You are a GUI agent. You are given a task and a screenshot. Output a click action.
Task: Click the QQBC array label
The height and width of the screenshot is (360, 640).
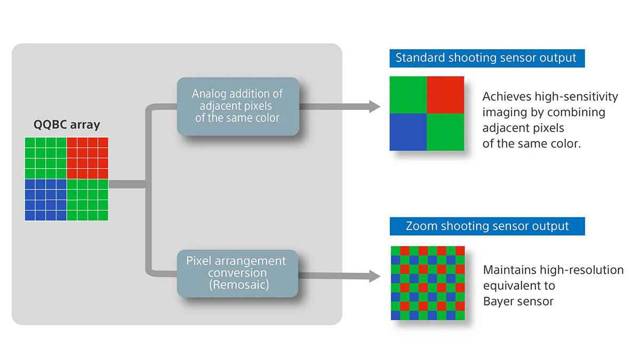67,125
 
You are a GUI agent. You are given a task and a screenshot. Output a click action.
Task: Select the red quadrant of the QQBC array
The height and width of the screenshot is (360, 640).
87,158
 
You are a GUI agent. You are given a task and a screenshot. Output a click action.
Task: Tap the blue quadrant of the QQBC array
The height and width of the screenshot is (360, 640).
46,199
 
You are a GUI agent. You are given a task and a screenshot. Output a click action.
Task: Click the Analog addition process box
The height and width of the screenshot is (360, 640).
238,106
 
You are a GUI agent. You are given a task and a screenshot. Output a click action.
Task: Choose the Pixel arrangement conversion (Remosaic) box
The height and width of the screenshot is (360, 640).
237,274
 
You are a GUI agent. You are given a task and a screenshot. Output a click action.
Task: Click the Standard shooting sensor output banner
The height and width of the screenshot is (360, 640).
487,58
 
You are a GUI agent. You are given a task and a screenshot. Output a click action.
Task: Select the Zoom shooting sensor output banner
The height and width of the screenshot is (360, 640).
487,226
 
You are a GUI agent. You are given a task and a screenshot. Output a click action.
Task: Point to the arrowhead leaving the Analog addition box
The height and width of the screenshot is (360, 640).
374,107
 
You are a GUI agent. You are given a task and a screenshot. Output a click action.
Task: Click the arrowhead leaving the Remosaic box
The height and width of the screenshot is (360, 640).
374,276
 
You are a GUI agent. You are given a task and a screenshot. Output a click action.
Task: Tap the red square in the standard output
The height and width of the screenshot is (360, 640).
445,95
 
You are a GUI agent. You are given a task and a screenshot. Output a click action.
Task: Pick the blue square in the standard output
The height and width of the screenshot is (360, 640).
409,132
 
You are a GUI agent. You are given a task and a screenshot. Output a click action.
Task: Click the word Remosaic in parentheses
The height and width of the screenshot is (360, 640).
239,285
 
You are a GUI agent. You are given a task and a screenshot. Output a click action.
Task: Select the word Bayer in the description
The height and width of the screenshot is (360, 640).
499,301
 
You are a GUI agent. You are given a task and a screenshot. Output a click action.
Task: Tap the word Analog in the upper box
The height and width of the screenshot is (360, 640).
209,94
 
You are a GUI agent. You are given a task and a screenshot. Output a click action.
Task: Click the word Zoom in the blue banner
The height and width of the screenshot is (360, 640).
422,226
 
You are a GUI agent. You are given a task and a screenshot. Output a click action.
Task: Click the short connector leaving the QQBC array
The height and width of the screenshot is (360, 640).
127,185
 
